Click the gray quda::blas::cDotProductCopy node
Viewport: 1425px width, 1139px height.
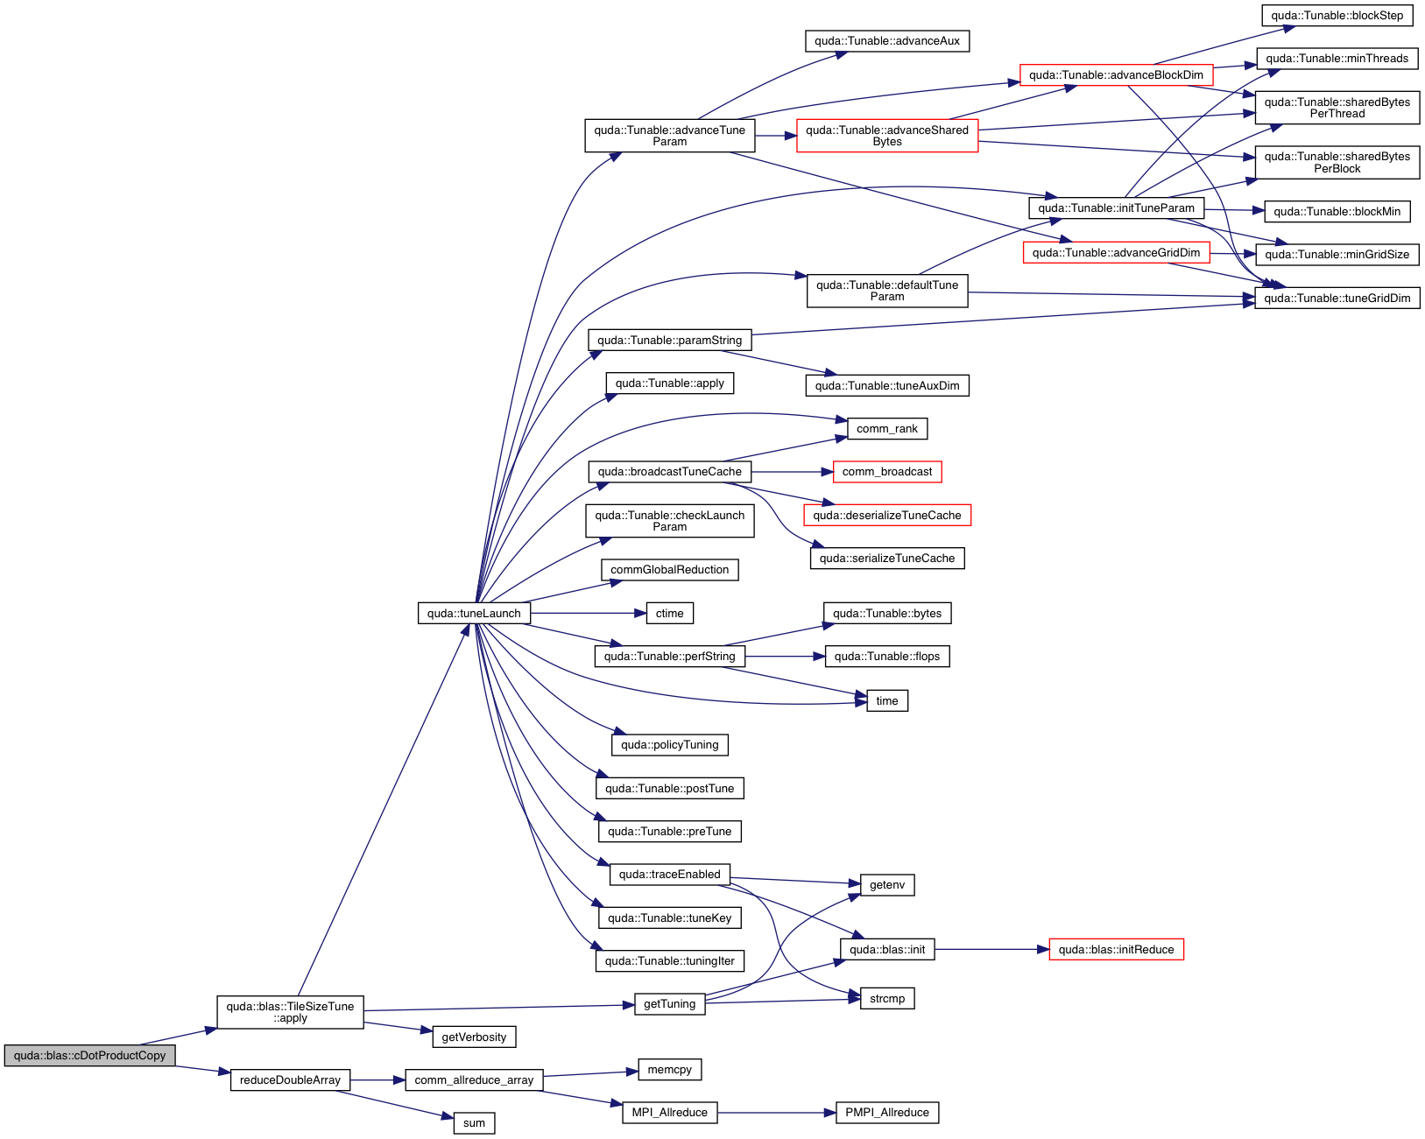pyautogui.click(x=89, y=1056)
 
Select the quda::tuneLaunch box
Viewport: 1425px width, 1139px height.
pyautogui.click(x=474, y=614)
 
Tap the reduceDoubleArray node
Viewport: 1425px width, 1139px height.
pyautogui.click(x=290, y=1080)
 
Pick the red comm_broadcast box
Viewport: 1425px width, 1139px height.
pyautogui.click(x=887, y=472)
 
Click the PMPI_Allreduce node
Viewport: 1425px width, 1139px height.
pyautogui.click(x=887, y=1113)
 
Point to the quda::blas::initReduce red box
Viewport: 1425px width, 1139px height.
pyautogui.click(x=1116, y=950)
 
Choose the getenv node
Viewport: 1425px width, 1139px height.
pyautogui.click(x=887, y=885)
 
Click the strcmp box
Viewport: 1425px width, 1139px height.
pyautogui.click(x=887, y=999)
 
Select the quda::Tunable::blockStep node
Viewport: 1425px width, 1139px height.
pyautogui.click(x=1337, y=16)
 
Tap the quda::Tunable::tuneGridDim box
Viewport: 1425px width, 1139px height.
pyautogui.click(x=1337, y=299)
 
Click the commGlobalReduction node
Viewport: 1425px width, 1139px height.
pyautogui.click(x=670, y=570)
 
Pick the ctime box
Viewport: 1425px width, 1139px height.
pyautogui.click(x=670, y=614)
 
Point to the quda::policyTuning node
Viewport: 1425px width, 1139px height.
pyautogui.click(x=670, y=745)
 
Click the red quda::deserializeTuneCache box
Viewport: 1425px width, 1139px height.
pyautogui.click(x=887, y=516)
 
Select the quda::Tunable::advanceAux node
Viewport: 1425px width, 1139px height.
pyautogui.click(x=887, y=41)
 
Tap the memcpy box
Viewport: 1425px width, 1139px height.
pyautogui.click(x=670, y=1070)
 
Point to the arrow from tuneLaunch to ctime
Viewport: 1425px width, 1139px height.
pyautogui.click(x=588, y=614)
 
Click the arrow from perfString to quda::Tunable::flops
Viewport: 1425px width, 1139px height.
pyautogui.click(x=785, y=657)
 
